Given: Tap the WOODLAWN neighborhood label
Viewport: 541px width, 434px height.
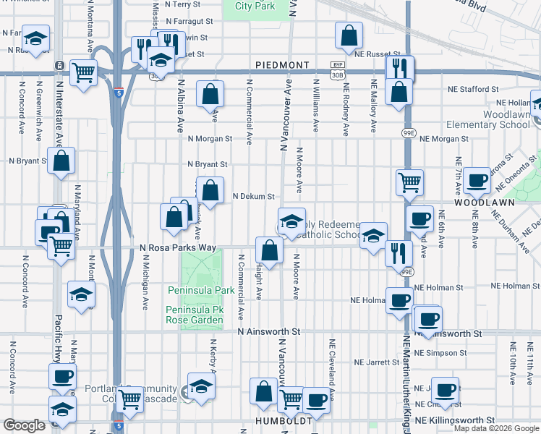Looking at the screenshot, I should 484,203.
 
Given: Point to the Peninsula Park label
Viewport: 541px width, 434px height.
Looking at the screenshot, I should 201,290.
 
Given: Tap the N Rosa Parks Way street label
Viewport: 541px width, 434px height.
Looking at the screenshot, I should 178,247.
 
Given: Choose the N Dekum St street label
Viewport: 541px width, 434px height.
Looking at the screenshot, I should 253,196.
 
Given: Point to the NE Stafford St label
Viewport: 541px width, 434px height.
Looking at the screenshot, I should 473,89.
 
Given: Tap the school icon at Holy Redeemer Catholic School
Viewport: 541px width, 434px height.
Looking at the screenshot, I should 291,221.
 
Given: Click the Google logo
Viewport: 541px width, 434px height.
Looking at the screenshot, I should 24,425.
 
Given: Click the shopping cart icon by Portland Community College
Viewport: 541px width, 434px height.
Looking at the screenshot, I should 129,397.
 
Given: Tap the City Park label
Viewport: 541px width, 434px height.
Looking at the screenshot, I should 255,6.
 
